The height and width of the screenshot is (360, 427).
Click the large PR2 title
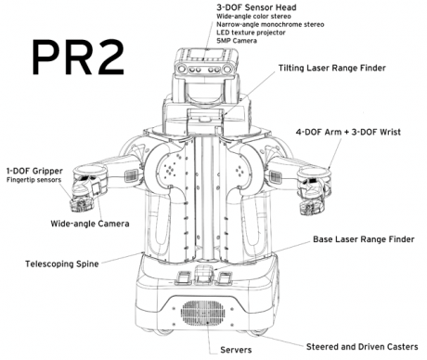coord(75,58)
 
